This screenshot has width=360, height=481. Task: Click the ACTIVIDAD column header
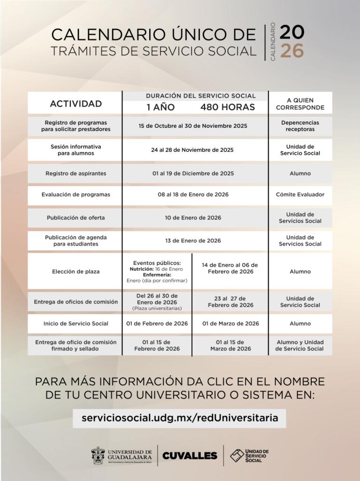[x=76, y=103]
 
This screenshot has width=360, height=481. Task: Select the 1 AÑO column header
[x=161, y=107]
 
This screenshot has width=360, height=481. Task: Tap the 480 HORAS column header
[x=228, y=107]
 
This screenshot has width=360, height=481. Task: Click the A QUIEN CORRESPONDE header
[x=300, y=104]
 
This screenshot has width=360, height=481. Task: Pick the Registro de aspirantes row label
[x=76, y=173]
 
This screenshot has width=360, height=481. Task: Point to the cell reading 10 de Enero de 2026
[x=193, y=217]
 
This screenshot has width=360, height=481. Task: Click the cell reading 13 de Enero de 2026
[x=193, y=240]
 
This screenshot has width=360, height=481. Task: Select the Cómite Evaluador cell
[x=300, y=194]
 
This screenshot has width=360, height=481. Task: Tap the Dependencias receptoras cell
[x=300, y=126]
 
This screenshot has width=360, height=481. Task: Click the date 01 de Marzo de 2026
[x=230, y=323]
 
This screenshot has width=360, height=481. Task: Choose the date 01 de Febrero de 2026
[x=157, y=323]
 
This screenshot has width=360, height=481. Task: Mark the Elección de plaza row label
[x=76, y=271]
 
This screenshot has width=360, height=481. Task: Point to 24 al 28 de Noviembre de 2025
[x=193, y=150]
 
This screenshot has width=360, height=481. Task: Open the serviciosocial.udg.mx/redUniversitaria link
[x=180, y=417]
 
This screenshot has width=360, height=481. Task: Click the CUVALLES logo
[x=190, y=455]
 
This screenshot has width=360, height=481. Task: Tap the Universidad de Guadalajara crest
[x=98, y=455]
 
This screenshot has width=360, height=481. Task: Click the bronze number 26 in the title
[x=292, y=50]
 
